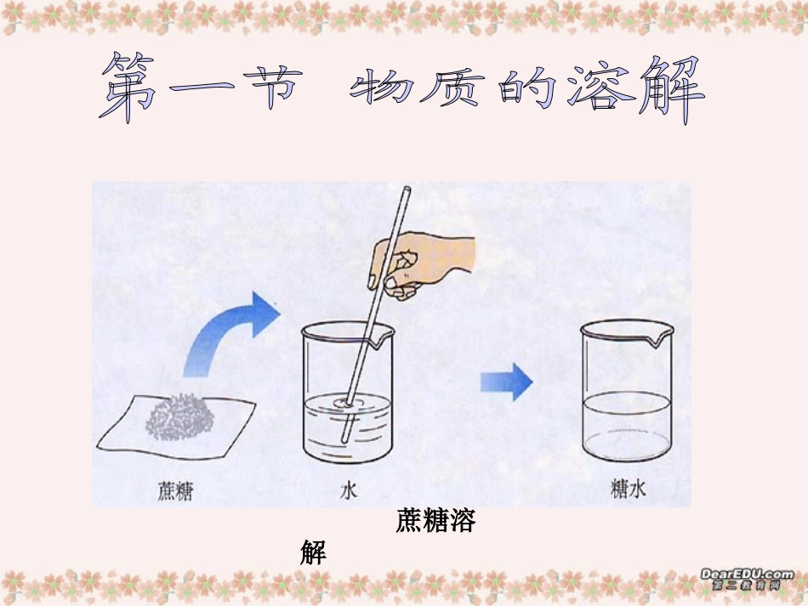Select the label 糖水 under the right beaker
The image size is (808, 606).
pyautogui.click(x=629, y=490)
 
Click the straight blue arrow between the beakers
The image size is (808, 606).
pyautogui.click(x=507, y=382)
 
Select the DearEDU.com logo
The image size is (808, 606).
pyautogui.click(x=747, y=579)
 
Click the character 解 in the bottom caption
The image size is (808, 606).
pyautogui.click(x=313, y=553)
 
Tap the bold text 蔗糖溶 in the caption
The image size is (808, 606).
pyautogui.click(x=435, y=521)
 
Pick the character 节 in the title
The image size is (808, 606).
pyautogui.click(x=271, y=89)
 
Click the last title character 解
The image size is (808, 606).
pyautogui.click(x=671, y=89)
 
